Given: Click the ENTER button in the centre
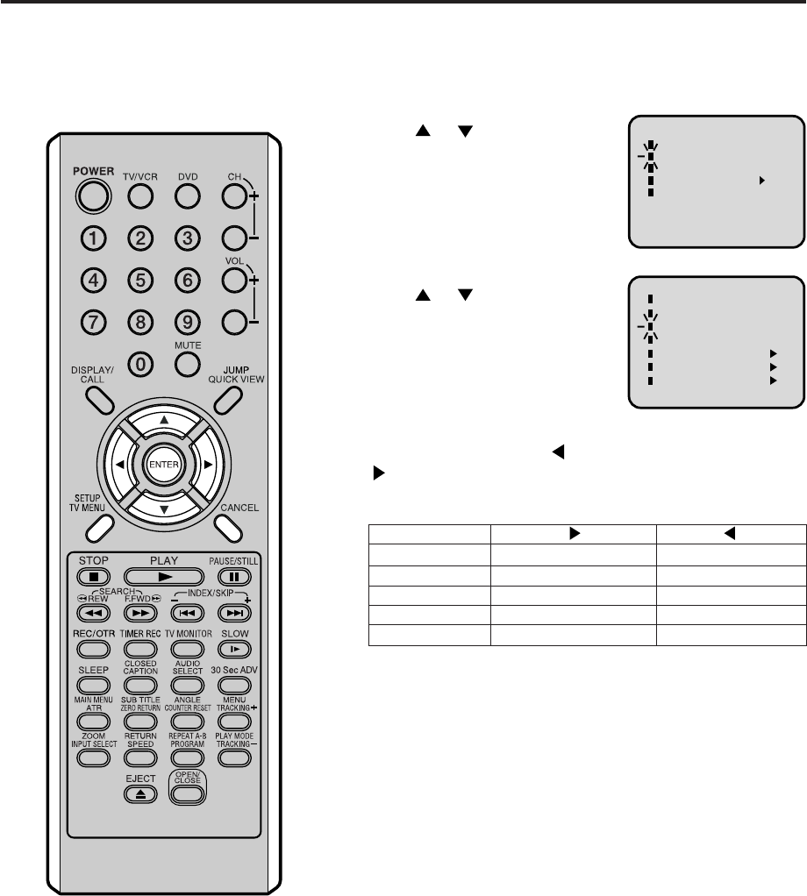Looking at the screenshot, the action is coord(163,464).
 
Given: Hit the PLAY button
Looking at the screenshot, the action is coord(164,577).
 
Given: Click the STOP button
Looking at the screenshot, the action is coord(93,577).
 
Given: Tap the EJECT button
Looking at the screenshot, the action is coord(140,794).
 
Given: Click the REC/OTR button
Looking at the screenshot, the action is coord(93,649).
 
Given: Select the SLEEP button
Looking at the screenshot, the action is coord(93,686).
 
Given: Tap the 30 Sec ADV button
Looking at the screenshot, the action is coord(233,686).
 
